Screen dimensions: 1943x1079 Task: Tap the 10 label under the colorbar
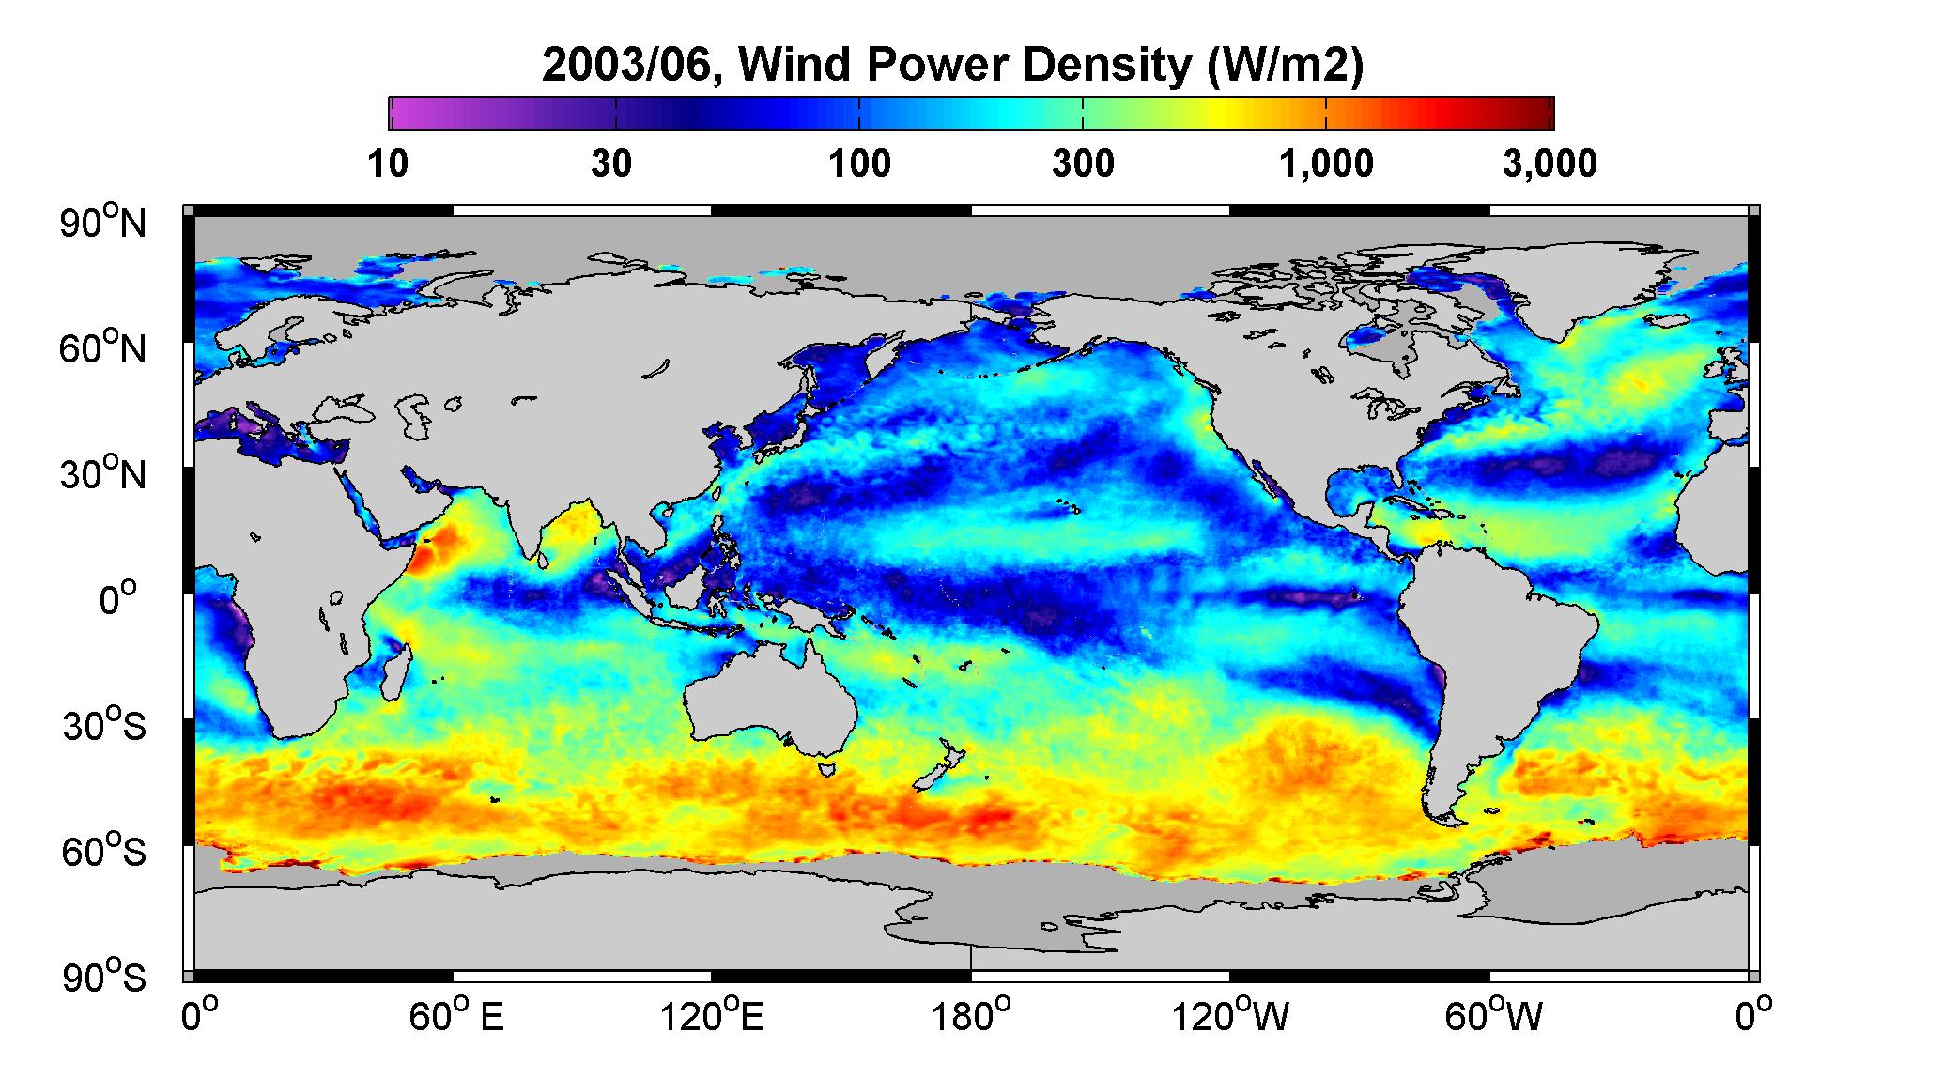(388, 163)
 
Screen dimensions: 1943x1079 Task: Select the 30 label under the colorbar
(611, 163)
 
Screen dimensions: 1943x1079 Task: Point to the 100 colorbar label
(859, 163)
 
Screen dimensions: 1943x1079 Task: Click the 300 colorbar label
(1083, 163)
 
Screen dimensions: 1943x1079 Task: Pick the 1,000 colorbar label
(1326, 163)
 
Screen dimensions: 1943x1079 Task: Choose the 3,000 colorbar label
(1550, 163)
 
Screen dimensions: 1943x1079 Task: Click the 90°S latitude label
(104, 977)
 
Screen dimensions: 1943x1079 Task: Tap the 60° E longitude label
(456, 1017)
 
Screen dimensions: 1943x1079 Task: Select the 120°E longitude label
(712, 1017)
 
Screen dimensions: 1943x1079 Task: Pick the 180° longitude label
(970, 1017)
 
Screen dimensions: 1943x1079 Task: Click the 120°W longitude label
(1230, 1017)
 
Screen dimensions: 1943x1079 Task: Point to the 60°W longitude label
(1491, 1017)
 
